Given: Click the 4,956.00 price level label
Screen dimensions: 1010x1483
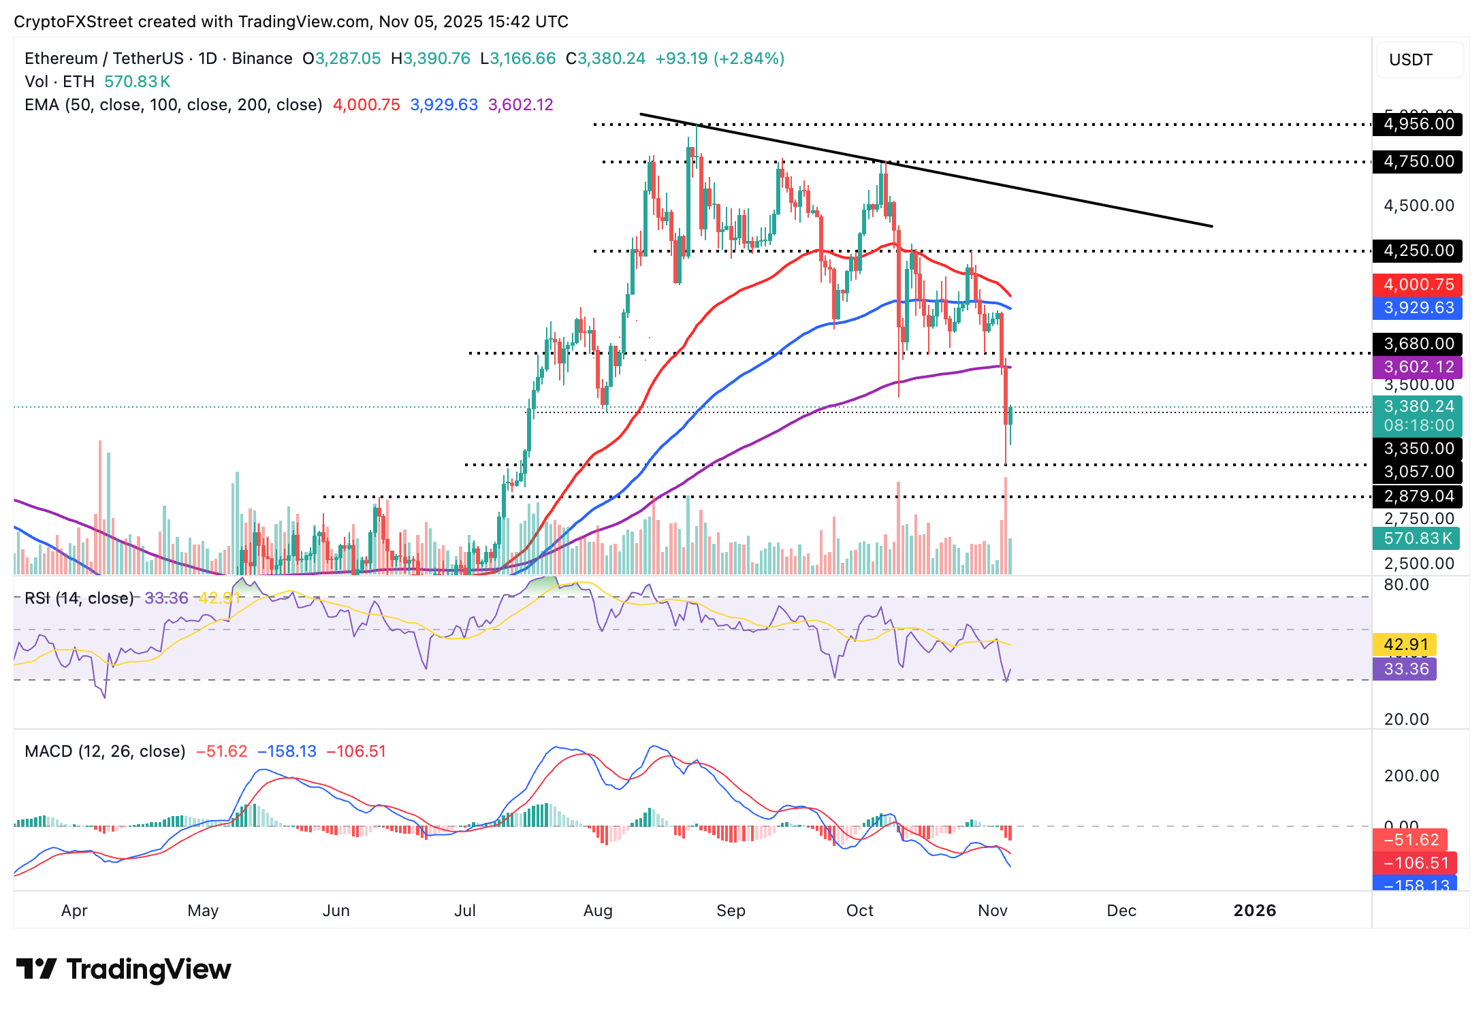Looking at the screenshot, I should (x=1418, y=124).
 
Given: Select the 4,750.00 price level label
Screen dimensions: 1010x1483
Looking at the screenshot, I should (x=1418, y=161).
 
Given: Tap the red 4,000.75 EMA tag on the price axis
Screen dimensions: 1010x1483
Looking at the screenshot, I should (x=1418, y=284).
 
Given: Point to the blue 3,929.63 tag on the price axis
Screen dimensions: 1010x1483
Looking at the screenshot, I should (x=1418, y=308).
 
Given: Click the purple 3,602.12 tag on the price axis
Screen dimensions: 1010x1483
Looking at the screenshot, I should (x=1418, y=367).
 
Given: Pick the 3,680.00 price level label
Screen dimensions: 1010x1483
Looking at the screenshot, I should (x=1418, y=344).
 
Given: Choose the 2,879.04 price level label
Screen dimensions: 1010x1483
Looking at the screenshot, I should (x=1418, y=496).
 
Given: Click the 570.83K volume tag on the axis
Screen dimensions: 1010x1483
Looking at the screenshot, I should (x=1418, y=538).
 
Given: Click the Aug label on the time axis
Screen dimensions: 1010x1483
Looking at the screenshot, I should (x=598, y=911).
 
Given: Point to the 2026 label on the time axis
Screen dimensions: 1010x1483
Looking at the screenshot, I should (x=1254, y=911).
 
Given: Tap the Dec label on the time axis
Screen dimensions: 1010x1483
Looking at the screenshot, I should (x=1121, y=911).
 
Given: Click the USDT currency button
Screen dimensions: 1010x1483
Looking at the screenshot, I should (x=1419, y=60).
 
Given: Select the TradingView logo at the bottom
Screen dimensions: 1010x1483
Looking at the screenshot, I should (x=123, y=969).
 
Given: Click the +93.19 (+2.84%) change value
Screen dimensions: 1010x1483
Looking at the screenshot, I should (x=719, y=59).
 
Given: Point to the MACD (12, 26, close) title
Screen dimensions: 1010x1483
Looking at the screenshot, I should (x=105, y=751).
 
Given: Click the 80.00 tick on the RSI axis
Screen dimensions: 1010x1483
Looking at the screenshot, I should (x=1406, y=585).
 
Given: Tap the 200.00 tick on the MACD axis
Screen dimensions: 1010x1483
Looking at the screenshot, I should (x=1411, y=776).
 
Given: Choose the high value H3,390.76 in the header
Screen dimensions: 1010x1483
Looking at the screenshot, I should (x=430, y=59).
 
